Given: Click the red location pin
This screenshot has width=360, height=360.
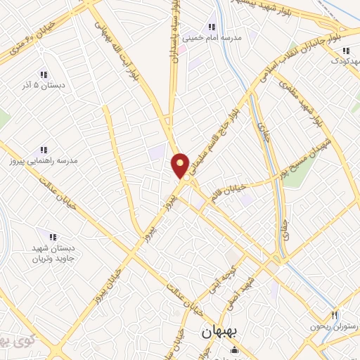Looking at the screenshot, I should point(181,166).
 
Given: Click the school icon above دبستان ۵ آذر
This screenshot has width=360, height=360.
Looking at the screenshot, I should point(43,74).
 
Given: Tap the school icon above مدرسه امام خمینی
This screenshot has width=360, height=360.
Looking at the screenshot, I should point(212,27).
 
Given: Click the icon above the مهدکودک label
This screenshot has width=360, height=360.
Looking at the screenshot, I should point(345,51).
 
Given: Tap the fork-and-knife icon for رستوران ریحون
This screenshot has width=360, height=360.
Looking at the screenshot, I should point(335,316).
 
